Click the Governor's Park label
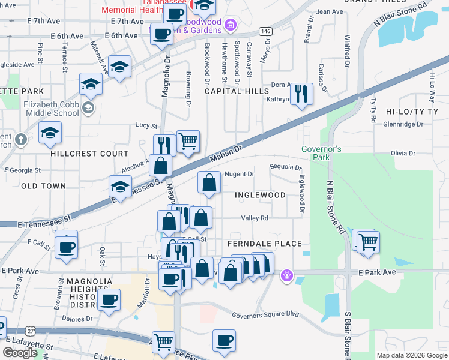click(x=322, y=153)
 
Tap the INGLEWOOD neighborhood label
click(x=260, y=196)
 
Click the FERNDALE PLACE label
click(x=264, y=244)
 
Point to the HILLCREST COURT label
click(x=89, y=154)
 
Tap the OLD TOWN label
click(x=43, y=186)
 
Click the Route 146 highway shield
click(x=265, y=31)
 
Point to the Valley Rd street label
click(x=254, y=218)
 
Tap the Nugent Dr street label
click(x=240, y=175)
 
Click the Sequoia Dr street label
click(x=285, y=167)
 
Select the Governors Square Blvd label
click(x=265, y=314)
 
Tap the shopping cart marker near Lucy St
click(x=188, y=142)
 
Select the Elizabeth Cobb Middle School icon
click(x=88, y=107)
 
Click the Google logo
click(x=20, y=353)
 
